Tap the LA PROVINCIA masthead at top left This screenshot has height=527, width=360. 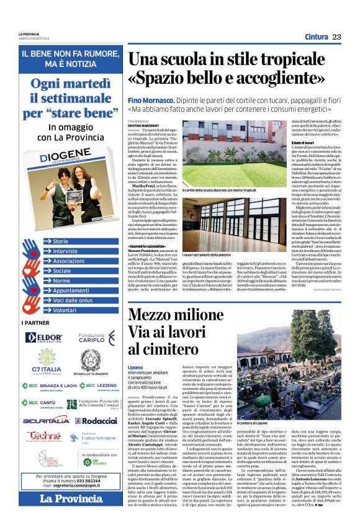tap(31, 34)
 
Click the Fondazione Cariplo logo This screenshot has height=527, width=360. tap(91, 338)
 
